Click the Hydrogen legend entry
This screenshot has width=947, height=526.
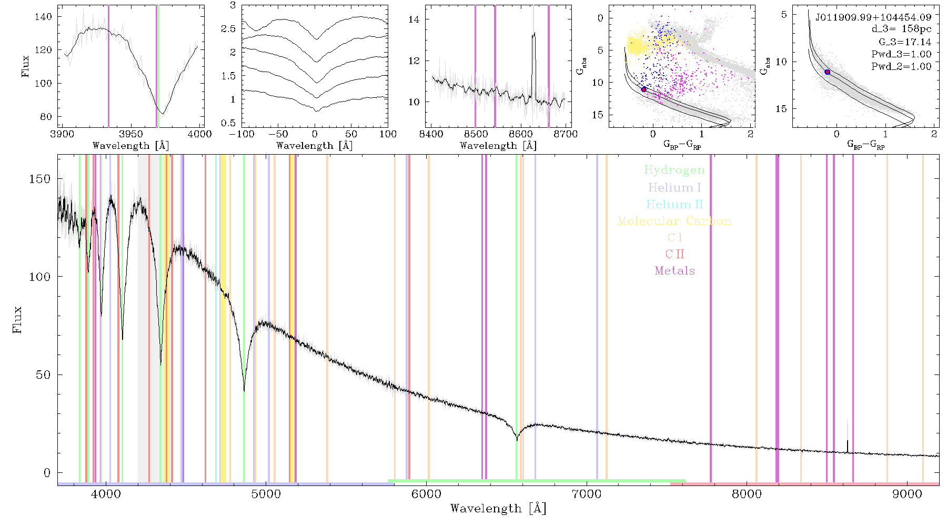pyautogui.click(x=674, y=170)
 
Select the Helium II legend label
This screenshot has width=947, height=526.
pyautogui.click(x=674, y=204)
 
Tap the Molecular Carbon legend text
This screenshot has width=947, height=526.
pyautogui.click(x=674, y=221)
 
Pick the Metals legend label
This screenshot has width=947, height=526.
pyautogui.click(x=674, y=271)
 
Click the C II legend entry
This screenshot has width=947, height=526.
pyautogui.click(x=674, y=254)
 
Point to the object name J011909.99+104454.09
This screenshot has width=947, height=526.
pyautogui.click(x=873, y=17)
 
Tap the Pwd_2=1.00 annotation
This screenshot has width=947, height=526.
pyautogui.click(x=901, y=67)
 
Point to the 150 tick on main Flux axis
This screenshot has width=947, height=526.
pyautogui.click(x=40, y=179)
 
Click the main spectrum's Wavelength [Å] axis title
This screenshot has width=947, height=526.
pyautogui.click(x=498, y=509)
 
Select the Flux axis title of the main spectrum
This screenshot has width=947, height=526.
pyautogui.click(x=17, y=319)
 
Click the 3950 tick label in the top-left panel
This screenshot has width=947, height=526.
pyautogui.click(x=131, y=134)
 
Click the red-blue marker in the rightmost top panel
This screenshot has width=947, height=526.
pyautogui.click(x=828, y=72)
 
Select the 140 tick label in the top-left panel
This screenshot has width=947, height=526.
pyautogui.click(x=43, y=16)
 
